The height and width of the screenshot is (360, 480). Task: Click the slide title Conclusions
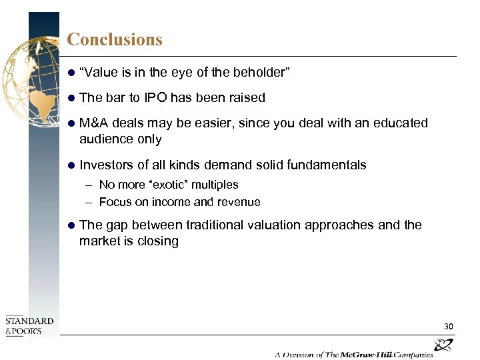[x=115, y=39]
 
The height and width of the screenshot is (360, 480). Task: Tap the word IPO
[x=155, y=97]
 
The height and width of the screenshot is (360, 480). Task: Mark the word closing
[x=157, y=241]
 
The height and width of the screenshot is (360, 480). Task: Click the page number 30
[x=449, y=326]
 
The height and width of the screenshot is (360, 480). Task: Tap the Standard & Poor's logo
[x=29, y=326]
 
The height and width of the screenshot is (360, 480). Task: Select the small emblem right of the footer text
[x=443, y=345]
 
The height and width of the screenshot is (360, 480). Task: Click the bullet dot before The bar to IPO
[x=71, y=98]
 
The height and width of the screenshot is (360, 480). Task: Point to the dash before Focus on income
[x=89, y=202]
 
